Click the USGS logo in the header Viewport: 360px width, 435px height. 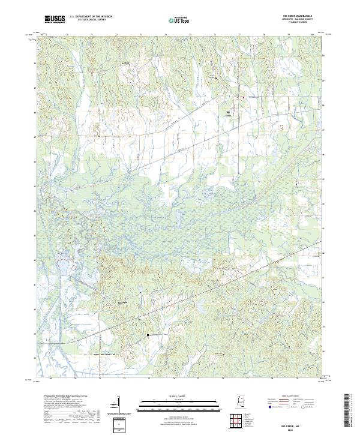[55, 19]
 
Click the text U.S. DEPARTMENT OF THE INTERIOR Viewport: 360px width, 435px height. [91, 17]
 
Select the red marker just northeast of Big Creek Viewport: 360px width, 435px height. [243, 97]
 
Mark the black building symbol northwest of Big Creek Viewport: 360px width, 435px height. [217, 77]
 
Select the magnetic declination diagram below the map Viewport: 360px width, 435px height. [118, 410]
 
